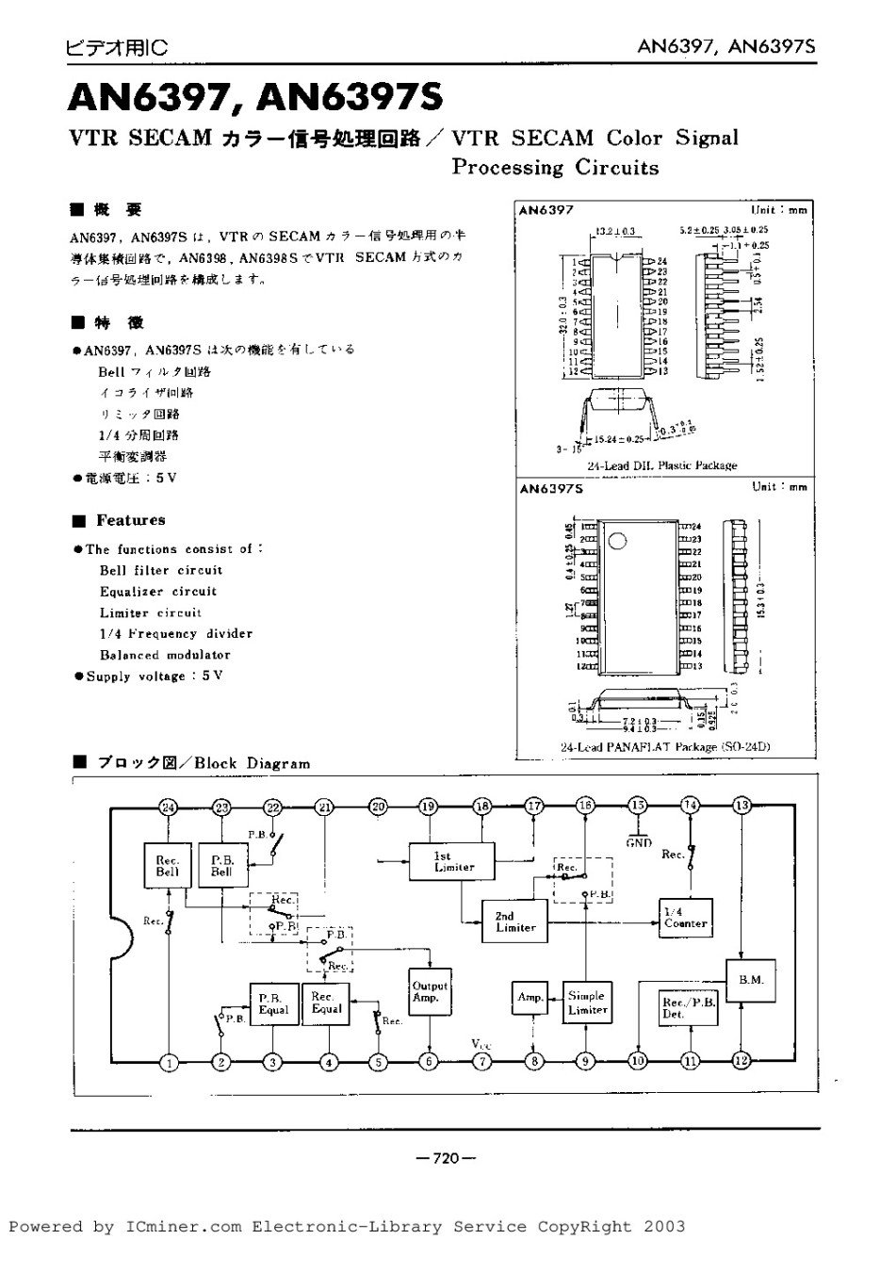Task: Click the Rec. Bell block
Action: pos(168,865)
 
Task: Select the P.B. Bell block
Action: pos(221,865)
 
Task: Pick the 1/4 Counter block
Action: pos(685,917)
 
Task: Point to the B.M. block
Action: pos(751,980)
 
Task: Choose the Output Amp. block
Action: pos(430,991)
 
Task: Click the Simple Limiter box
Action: pos(587,1003)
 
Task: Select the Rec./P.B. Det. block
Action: pos(689,1008)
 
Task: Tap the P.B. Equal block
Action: pos(273,1003)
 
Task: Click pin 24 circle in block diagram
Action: pos(169,807)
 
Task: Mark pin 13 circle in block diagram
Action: pos(742,806)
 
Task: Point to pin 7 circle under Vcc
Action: pos(482,1062)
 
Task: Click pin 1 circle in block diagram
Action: pos(170,1063)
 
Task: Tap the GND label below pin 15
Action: pos(639,842)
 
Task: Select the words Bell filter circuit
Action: pos(161,570)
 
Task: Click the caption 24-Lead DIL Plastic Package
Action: pos(661,465)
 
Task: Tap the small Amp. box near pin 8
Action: pos(531,997)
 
